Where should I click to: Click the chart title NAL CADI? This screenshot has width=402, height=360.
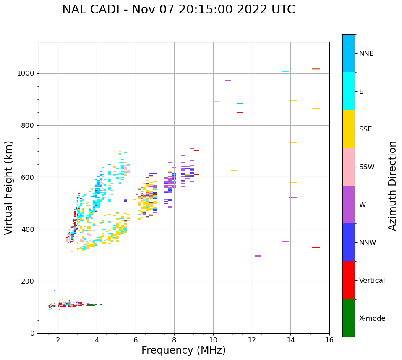click(x=178, y=10)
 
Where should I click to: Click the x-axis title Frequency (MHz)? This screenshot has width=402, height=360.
click(x=183, y=350)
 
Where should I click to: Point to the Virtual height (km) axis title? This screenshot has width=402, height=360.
click(x=9, y=187)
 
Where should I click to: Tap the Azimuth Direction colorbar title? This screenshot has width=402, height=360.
click(x=392, y=185)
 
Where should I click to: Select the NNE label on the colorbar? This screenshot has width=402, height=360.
click(x=366, y=54)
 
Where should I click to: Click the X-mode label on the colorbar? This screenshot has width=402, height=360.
click(x=372, y=318)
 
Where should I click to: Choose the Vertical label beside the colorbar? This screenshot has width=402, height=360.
click(x=372, y=281)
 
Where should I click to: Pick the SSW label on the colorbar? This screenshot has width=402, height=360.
click(x=367, y=167)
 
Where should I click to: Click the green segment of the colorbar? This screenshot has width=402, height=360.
click(x=349, y=318)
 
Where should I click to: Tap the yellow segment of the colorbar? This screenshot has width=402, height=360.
click(x=349, y=129)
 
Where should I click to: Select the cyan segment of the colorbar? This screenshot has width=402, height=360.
click(x=349, y=91)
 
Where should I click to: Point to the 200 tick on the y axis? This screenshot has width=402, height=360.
click(x=29, y=281)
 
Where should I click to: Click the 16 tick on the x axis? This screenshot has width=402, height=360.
click(x=329, y=339)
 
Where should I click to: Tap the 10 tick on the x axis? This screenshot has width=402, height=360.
click(x=213, y=339)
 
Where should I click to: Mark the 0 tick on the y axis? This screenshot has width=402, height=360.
click(x=33, y=333)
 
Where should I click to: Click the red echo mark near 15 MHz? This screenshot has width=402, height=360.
click(x=316, y=248)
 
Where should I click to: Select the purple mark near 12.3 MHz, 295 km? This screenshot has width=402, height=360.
click(x=258, y=256)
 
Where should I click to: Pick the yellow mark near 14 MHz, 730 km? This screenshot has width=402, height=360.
click(x=293, y=143)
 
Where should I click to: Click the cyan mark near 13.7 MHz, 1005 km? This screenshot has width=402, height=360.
click(x=285, y=72)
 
